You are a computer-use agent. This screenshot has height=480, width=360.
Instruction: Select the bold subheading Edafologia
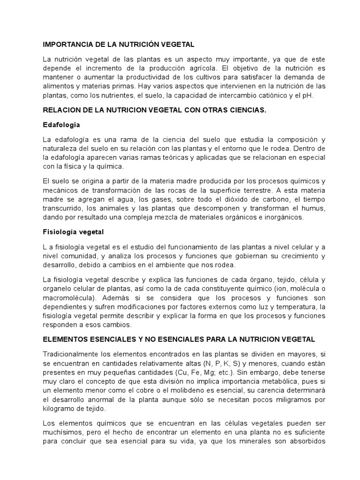coord(61,125)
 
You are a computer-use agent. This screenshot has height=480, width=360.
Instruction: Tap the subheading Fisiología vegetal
coord(73,232)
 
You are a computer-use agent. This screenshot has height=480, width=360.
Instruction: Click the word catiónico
coord(265,96)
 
